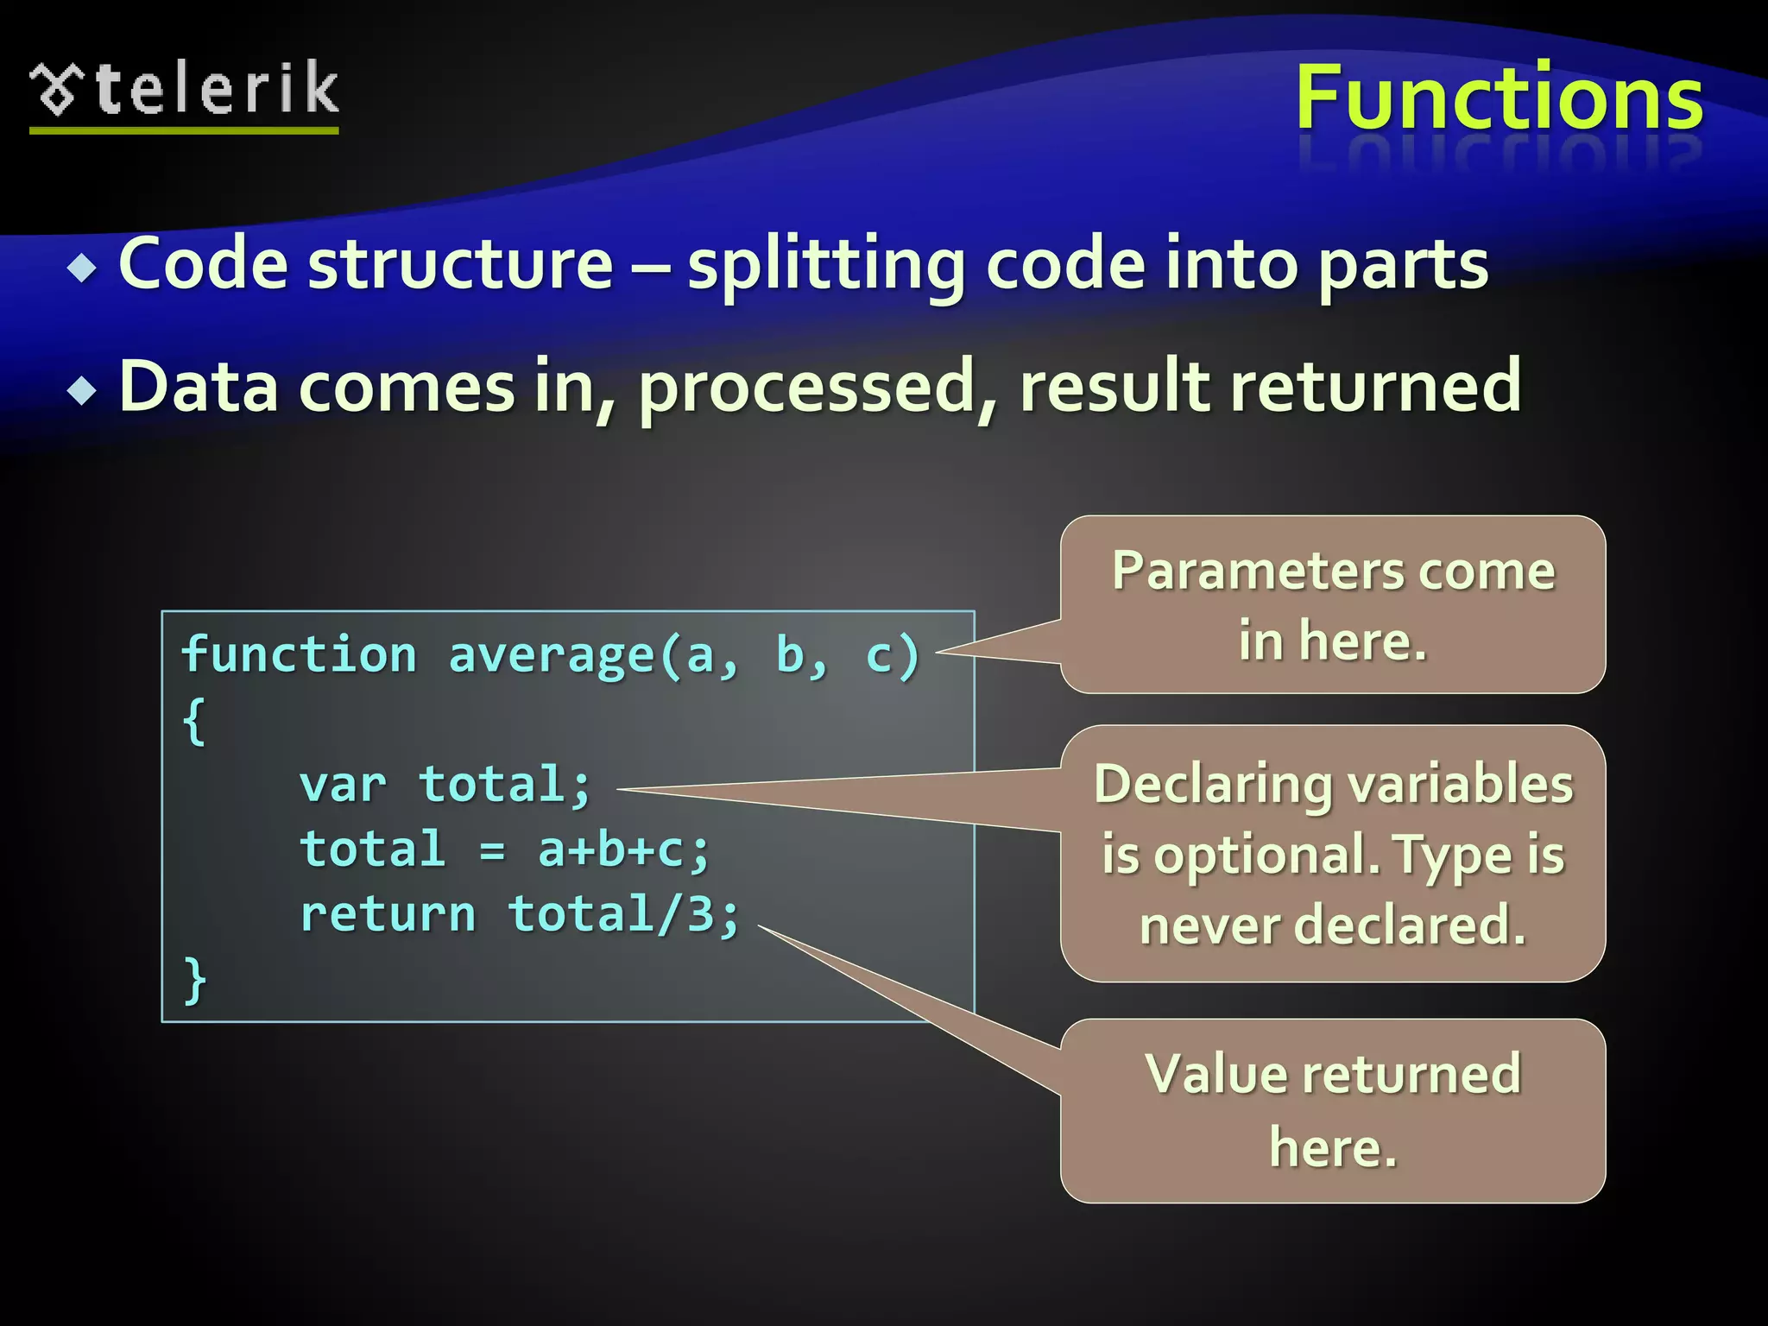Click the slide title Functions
[x=1500, y=98]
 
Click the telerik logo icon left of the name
[x=57, y=89]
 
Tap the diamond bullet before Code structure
[x=83, y=268]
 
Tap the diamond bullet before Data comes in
[x=83, y=390]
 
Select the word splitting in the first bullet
[x=825, y=266]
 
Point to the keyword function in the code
[x=299, y=654]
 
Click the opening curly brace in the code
[x=194, y=721]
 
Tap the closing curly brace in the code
[x=194, y=980]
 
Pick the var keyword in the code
[x=343, y=786]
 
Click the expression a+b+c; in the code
[x=623, y=850]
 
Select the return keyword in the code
[x=388, y=915]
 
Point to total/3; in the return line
[x=623, y=915]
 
